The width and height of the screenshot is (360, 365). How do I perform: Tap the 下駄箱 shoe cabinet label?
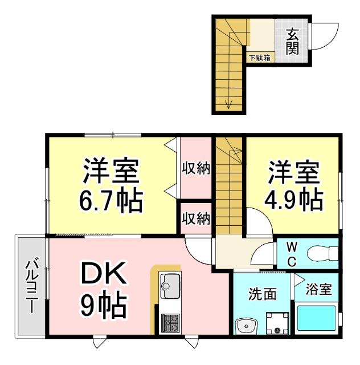pos(260,57)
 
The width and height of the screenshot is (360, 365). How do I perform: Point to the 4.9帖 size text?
pos(293,200)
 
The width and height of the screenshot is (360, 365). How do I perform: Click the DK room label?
pos(103,277)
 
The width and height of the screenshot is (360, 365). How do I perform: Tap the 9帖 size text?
pos(103,307)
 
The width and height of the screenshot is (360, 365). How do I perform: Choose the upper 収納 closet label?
pos(196,168)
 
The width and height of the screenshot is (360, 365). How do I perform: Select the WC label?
pos(291,254)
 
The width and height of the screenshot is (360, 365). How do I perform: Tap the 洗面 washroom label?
pos(262,294)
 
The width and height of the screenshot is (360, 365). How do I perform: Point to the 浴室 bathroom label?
pos(318,289)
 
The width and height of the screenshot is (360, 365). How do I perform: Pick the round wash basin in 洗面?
pos(246,325)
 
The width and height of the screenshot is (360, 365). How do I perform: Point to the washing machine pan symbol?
pos(277,324)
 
